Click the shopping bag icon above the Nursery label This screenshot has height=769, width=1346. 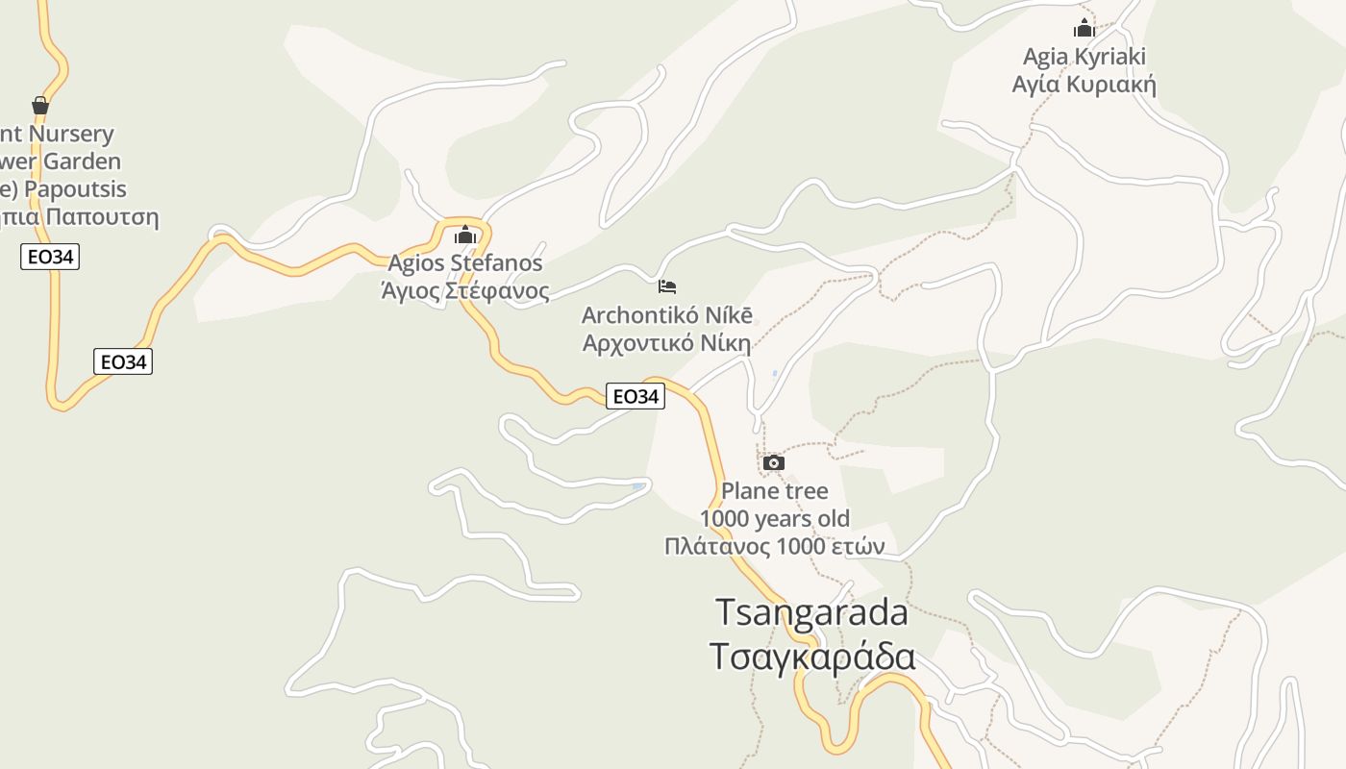[x=40, y=105]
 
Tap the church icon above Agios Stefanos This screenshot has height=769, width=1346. [x=465, y=235]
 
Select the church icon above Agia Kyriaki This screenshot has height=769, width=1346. [x=1084, y=28]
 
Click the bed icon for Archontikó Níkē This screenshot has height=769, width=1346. [x=667, y=286]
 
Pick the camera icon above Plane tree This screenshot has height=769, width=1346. [x=773, y=463]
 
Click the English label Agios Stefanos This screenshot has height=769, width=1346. [x=465, y=262]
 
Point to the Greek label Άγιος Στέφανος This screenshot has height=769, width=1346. [x=465, y=290]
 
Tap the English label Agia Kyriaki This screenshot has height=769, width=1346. [x=1084, y=57]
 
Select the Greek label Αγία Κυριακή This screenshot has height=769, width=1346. [x=1084, y=85]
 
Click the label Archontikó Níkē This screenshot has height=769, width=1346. [x=667, y=315]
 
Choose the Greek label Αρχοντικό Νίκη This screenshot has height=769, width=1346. [x=667, y=343]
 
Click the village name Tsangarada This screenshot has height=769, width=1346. [x=811, y=612]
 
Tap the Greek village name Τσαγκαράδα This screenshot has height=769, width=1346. [x=811, y=657]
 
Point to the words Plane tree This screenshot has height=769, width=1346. [x=774, y=491]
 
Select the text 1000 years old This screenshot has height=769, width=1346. [x=774, y=519]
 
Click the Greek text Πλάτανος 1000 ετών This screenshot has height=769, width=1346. [x=774, y=547]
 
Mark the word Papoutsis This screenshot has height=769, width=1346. [x=75, y=188]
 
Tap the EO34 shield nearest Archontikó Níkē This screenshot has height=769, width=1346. [x=636, y=396]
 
